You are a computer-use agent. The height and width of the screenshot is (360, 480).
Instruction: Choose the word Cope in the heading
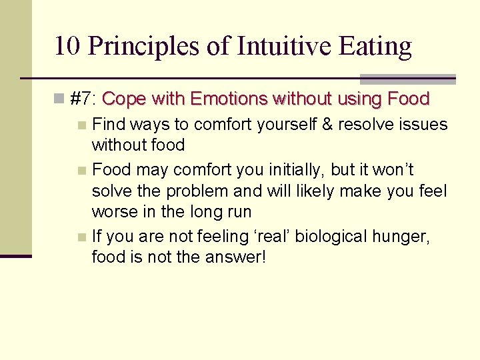click(x=125, y=99)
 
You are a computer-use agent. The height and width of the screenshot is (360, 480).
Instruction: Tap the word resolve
click(x=369, y=125)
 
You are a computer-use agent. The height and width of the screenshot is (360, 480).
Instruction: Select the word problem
click(x=196, y=191)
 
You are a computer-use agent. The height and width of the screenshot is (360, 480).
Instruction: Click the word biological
click(x=330, y=236)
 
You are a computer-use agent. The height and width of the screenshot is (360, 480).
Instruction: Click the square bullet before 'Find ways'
click(x=81, y=125)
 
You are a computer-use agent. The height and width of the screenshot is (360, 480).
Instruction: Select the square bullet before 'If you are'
click(x=81, y=237)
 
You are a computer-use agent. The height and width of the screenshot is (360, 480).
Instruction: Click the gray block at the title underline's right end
click(x=407, y=79)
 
